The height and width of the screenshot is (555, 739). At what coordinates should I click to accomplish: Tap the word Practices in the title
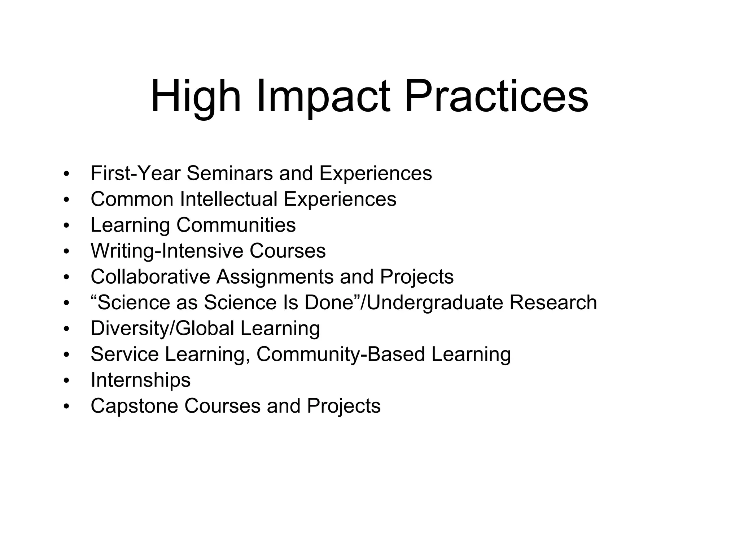[x=496, y=97]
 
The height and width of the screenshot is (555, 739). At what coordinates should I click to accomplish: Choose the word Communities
[x=236, y=225]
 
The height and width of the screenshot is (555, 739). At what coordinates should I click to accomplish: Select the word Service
[x=124, y=354]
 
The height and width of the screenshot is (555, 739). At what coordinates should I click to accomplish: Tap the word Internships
[x=140, y=380]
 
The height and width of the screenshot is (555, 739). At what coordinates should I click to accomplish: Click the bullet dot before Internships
[x=66, y=380]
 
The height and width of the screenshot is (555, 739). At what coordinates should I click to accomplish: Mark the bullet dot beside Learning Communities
[x=66, y=225]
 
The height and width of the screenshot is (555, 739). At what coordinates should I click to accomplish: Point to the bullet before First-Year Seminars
[x=66, y=174]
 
